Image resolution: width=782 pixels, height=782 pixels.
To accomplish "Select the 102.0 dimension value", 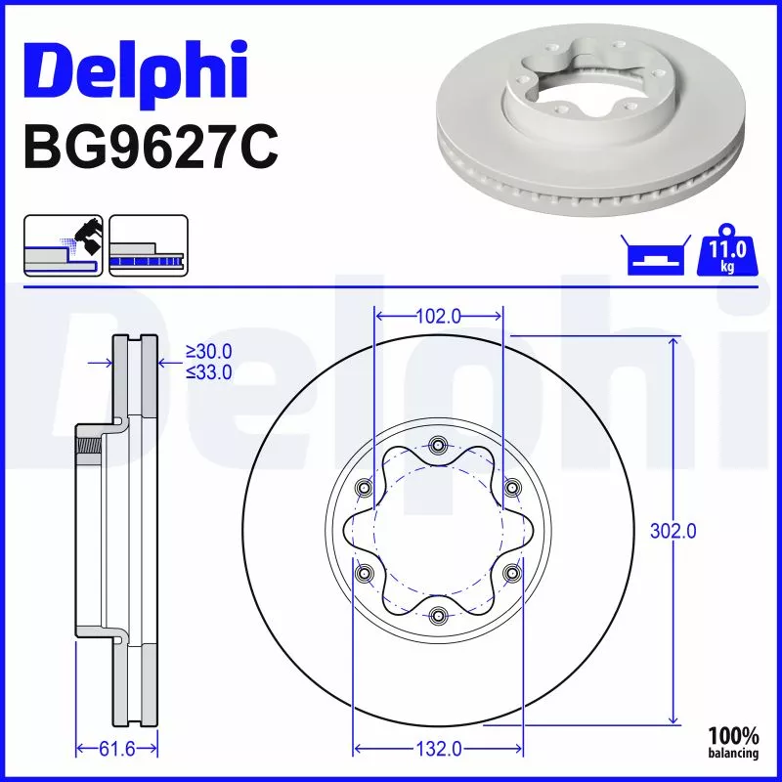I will click(439, 316).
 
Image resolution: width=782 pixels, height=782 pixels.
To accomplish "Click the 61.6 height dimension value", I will click(116, 750).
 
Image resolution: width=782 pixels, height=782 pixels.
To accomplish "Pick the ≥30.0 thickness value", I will click(208, 352).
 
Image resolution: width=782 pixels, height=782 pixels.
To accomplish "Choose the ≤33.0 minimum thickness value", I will click(208, 371).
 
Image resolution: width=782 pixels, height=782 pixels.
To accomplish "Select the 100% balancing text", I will click(732, 742).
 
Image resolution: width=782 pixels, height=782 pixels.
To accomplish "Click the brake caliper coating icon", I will click(63, 244).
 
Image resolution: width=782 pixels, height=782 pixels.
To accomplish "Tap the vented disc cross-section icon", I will click(148, 244).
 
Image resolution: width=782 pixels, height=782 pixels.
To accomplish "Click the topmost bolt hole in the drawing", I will click(438, 447).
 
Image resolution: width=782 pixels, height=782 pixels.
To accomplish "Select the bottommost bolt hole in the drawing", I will click(438, 615).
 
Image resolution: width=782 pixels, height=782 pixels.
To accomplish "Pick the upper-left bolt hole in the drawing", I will click(366, 489).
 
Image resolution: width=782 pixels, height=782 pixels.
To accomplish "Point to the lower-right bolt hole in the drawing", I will click(511, 573).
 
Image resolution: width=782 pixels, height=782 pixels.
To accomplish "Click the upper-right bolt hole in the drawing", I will click(511, 489).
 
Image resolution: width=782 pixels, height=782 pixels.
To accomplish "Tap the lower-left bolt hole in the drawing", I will click(366, 573).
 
